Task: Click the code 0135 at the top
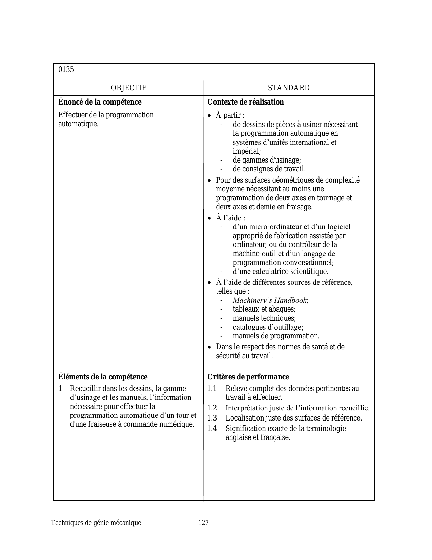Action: pyautogui.click(x=66, y=70)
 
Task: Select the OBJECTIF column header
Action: pyautogui.click(x=128, y=88)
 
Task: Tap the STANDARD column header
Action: pyautogui.click(x=289, y=88)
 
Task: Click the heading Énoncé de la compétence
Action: pyautogui.click(x=100, y=102)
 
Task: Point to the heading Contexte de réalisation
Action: pyautogui.click(x=246, y=102)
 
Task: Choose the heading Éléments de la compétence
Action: pyautogui.click(x=103, y=377)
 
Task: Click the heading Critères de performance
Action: pyautogui.click(x=248, y=377)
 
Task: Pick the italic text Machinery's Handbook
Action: pyautogui.click(x=270, y=300)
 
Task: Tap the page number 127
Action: pyautogui.click(x=203, y=523)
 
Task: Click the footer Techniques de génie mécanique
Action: pyautogui.click(x=96, y=523)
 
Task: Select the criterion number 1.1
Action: pyautogui.click(x=212, y=389)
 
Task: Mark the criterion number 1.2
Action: pyautogui.click(x=212, y=408)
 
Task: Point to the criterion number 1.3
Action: pyautogui.click(x=212, y=418)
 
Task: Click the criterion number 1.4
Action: pyautogui.click(x=212, y=429)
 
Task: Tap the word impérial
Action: pyautogui.click(x=247, y=151)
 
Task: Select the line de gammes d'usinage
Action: pyautogui.click(x=267, y=160)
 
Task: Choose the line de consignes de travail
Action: pyautogui.click(x=269, y=169)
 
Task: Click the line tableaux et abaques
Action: pyautogui.click(x=264, y=309)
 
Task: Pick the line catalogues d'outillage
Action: pyautogui.click(x=268, y=327)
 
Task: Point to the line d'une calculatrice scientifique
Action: pyautogui.click(x=281, y=272)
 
